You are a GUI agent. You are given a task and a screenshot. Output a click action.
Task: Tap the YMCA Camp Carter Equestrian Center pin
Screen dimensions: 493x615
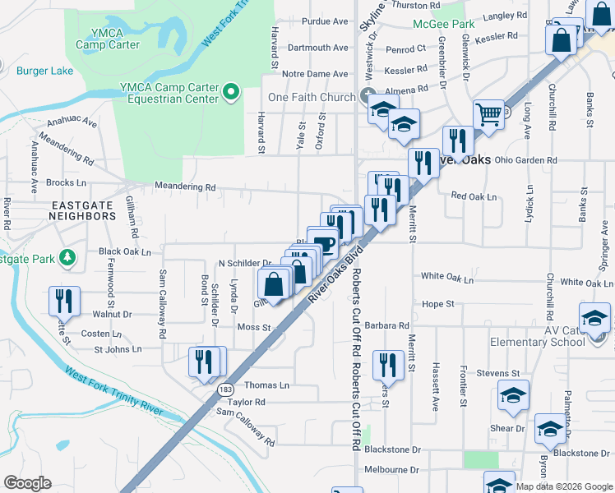[232, 92]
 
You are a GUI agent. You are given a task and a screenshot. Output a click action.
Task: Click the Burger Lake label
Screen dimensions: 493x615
[45, 71]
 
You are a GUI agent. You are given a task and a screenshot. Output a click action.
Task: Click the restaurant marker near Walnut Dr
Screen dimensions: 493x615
[62, 300]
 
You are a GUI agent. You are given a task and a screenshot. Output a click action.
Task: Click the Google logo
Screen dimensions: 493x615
[27, 483]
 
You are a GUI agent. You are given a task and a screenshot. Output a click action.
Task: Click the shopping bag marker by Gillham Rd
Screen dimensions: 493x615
[274, 283]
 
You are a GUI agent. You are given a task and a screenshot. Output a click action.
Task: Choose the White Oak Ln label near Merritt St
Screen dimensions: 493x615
[447, 279]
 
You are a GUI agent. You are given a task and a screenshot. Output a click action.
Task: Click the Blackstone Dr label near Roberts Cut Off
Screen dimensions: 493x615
[393, 450]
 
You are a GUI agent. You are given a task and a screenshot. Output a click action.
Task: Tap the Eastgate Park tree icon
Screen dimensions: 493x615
[68, 258]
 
